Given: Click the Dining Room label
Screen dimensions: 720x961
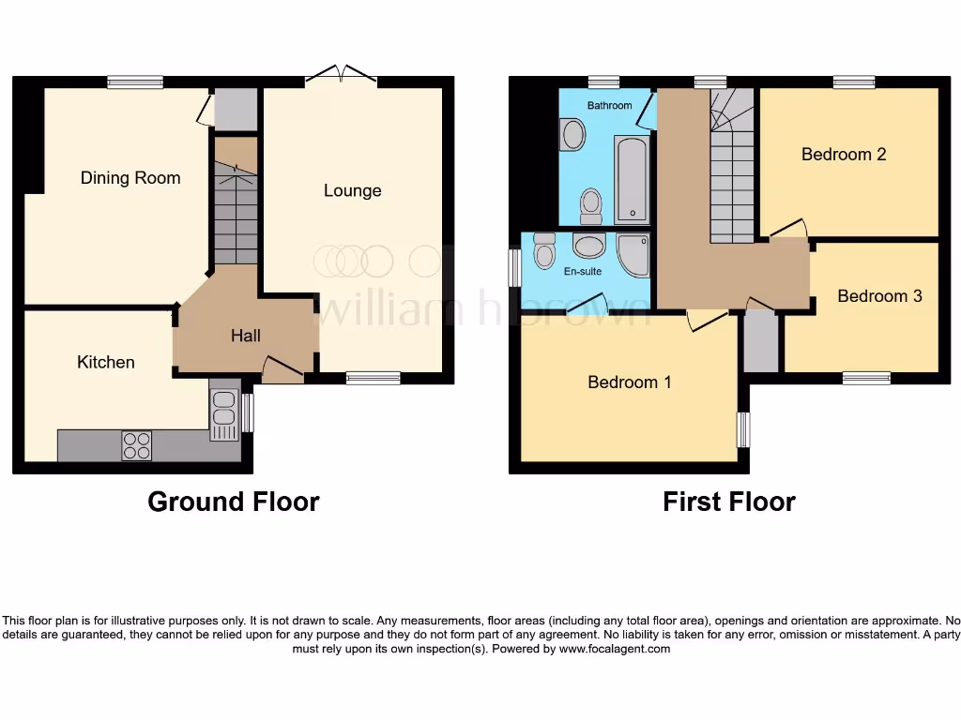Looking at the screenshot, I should pos(130,178).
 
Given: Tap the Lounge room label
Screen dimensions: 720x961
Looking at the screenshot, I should pos(353,191).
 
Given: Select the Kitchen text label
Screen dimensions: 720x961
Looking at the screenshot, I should pos(106,362).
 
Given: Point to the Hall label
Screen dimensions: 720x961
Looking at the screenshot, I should pos(246,336).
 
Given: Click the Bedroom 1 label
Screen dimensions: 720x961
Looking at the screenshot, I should pos(629,382).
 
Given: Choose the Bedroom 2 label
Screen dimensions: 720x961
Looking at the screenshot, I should pos(844,155).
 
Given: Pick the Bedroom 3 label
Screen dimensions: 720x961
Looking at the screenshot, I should pos(879,296).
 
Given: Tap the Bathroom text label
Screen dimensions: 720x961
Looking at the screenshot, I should pos(609,106).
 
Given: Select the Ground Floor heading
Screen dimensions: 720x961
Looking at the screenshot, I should pos(233,502).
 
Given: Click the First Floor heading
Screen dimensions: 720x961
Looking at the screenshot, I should pos(728,502).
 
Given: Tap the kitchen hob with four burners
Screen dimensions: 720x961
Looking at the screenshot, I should pos(136,445).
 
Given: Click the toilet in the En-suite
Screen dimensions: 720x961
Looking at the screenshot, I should pos(544,250).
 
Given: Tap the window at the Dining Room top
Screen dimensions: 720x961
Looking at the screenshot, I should pos(135,82).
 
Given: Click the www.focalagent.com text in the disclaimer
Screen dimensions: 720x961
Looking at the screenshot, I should pos(615,649).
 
